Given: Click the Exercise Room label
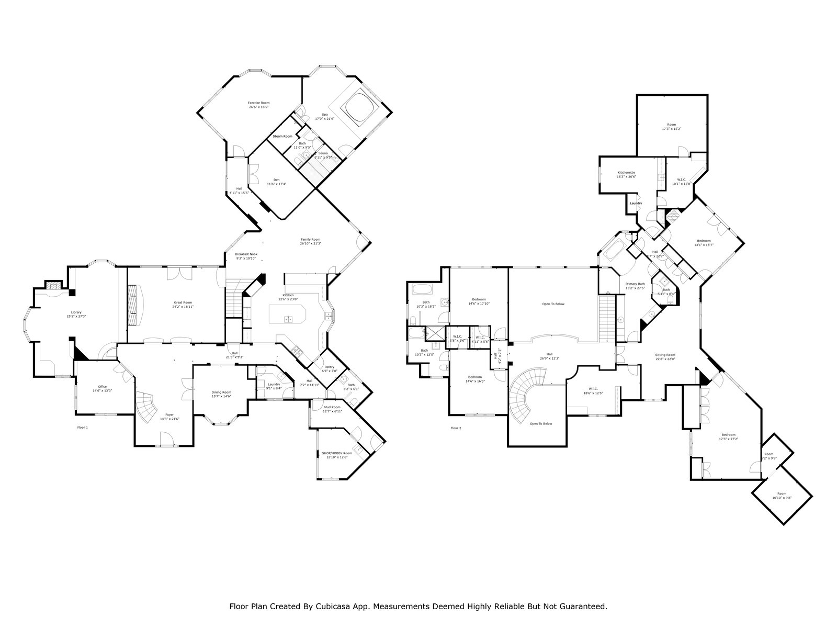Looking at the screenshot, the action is [x=258, y=103].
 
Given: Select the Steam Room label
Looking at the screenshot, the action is [x=282, y=136].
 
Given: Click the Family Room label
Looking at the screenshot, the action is [x=310, y=240].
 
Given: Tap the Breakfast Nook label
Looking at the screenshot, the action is [x=245, y=254].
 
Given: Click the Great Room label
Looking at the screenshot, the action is [x=183, y=302].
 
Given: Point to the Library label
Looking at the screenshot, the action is [x=76, y=312].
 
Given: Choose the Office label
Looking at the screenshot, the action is [x=102, y=387].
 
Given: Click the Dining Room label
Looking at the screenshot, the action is [x=221, y=392].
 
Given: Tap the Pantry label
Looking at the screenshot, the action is [x=329, y=367].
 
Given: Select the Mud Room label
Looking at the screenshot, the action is [x=332, y=407].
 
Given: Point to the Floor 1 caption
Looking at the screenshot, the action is [x=83, y=428].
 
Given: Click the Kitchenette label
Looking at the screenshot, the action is [x=626, y=173].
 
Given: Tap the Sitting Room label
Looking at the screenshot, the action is [x=665, y=355].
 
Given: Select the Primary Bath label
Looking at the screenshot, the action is [x=635, y=284].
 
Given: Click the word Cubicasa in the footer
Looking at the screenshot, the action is [x=333, y=607].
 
